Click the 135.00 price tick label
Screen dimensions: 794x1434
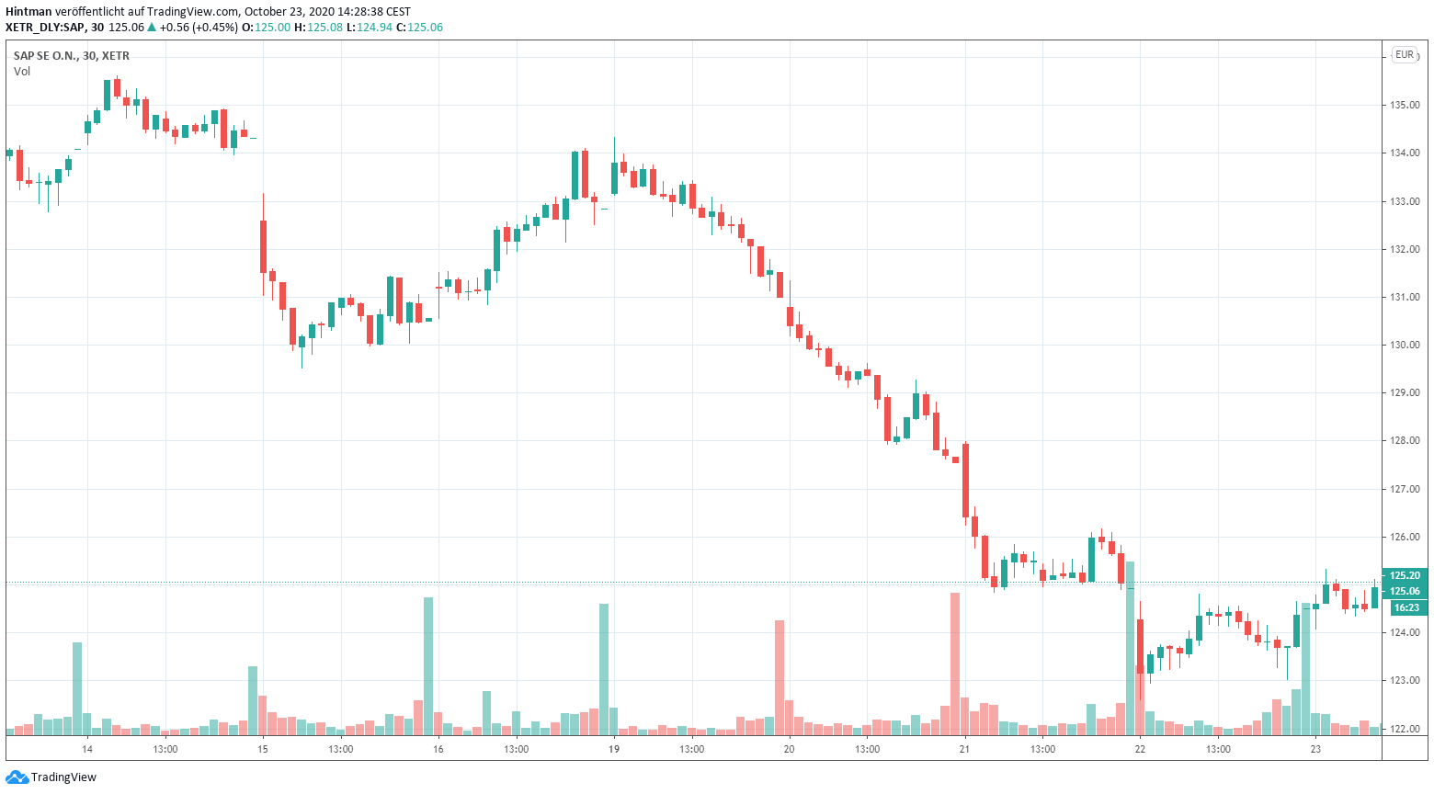[x=1405, y=106]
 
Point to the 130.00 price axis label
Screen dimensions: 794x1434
[x=1405, y=346]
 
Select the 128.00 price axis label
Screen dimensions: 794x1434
[x=1405, y=441]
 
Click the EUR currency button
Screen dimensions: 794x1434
[x=1405, y=55]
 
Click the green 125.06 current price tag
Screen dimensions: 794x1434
[x=1405, y=592]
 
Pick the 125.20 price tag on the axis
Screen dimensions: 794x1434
[x=1405, y=576]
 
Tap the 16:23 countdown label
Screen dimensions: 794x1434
[x=1406, y=608]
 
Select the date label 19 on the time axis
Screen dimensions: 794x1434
[x=614, y=750]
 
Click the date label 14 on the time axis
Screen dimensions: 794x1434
[x=87, y=750]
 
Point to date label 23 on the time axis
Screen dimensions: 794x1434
[x=1315, y=750]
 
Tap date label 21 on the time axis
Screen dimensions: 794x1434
[x=964, y=750]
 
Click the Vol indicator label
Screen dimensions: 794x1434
[x=22, y=72]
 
